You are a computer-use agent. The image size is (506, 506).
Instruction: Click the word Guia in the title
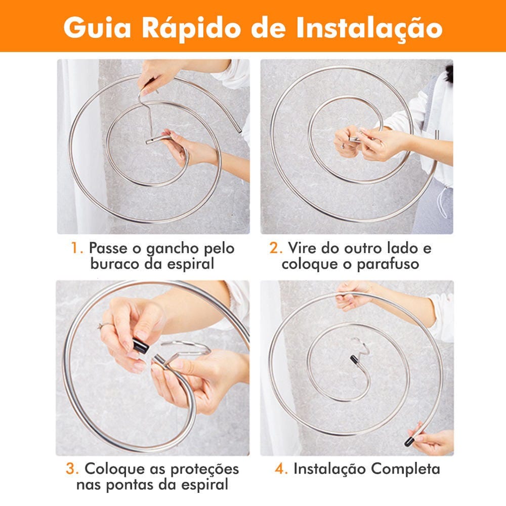[x=98, y=27]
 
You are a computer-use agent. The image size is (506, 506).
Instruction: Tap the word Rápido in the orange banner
[x=192, y=27]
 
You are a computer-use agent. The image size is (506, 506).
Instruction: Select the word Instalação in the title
[x=369, y=28]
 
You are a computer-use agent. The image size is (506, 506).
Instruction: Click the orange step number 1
[x=77, y=248]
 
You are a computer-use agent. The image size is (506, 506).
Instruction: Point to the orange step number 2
[x=276, y=248]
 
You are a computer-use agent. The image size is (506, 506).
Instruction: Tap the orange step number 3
[x=72, y=469]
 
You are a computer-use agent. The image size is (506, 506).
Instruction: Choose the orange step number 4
[x=281, y=469]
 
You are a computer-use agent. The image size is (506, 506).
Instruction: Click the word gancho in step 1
[x=173, y=249]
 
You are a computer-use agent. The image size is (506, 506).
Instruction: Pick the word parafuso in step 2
[x=388, y=264]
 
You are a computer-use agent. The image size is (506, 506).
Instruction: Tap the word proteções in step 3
[x=204, y=470]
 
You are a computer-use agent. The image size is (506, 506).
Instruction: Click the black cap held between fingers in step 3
[x=140, y=346]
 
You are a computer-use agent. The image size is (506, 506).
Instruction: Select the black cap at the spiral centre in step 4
[x=354, y=359]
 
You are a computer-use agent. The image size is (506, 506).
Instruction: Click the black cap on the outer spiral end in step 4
[x=409, y=441]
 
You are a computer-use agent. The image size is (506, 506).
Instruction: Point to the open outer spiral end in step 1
[x=239, y=130]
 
